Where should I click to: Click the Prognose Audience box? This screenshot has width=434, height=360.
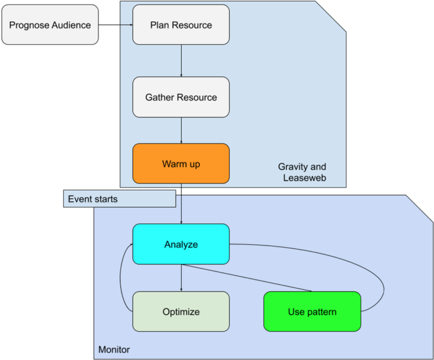coord(50,25)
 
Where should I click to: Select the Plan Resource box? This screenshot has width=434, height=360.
coord(181,25)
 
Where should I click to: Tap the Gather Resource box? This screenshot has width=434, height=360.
coord(181,97)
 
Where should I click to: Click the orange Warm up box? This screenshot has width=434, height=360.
coord(181,164)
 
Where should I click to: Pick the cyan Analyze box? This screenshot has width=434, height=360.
coord(181,244)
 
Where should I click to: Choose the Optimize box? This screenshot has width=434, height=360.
coord(181,311)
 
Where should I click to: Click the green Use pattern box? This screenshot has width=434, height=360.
coord(312,311)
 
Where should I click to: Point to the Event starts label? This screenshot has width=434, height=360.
coord(93,199)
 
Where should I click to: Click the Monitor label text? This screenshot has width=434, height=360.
coord(114,350)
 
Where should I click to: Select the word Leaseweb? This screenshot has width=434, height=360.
coord(304,178)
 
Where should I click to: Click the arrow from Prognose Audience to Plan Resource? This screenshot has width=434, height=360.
coord(115,25)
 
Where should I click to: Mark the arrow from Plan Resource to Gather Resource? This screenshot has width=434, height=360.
coord(181,61)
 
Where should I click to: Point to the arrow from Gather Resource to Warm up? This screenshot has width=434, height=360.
coord(181,130)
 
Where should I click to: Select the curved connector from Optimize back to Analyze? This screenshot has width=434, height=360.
coord(120,278)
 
